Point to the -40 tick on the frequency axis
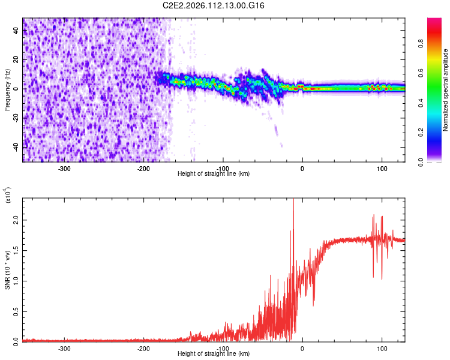16,146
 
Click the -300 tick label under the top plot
64,168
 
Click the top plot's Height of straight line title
214,174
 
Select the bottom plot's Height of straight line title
214,354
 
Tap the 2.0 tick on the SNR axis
16,221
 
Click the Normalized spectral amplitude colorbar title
446,90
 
